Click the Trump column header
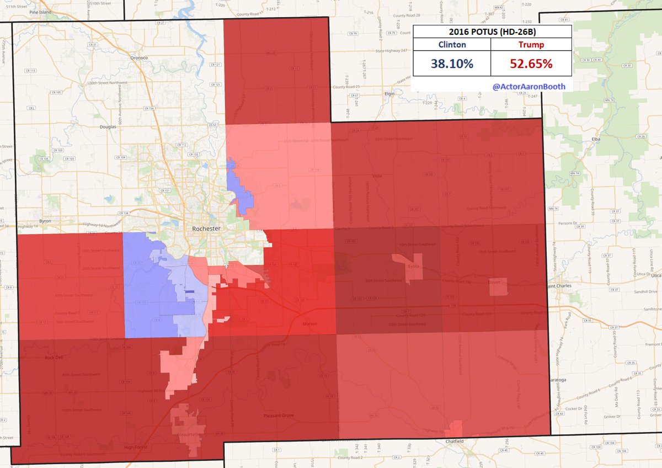coord(531,45)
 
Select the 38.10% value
coord(452,64)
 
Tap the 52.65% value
coord(531,64)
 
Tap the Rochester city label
coord(206,228)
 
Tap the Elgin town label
coord(391,93)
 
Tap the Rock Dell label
coord(55,358)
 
